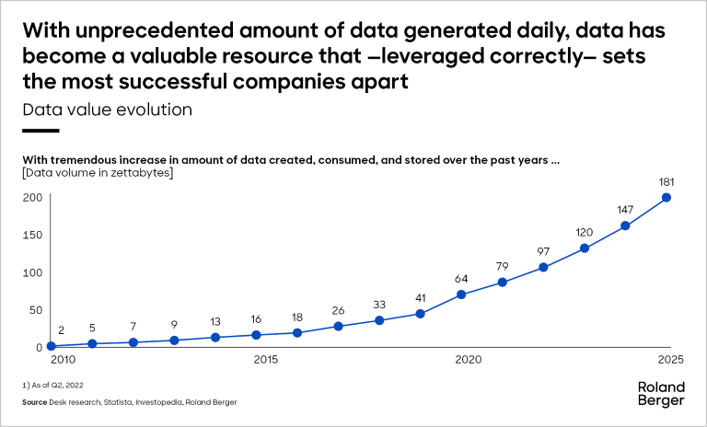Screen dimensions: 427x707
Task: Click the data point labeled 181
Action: (x=666, y=197)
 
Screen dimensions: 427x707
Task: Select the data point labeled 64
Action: (x=461, y=294)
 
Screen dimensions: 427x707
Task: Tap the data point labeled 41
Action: (x=420, y=314)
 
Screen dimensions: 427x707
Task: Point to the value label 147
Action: (x=625, y=207)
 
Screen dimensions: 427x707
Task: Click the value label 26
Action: (x=338, y=309)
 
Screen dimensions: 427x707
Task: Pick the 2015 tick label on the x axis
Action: (x=266, y=359)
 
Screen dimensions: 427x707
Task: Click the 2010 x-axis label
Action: (x=63, y=359)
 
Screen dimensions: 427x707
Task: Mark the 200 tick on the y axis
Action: (x=34, y=197)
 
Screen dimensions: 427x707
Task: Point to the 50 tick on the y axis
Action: (x=37, y=310)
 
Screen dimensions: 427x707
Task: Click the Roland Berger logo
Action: (x=661, y=394)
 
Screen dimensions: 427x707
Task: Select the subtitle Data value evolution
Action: (x=107, y=110)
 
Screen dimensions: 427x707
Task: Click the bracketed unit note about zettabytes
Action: (x=98, y=172)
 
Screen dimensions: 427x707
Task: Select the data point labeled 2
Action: (x=52, y=347)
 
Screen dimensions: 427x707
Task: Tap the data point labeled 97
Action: (x=543, y=267)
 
